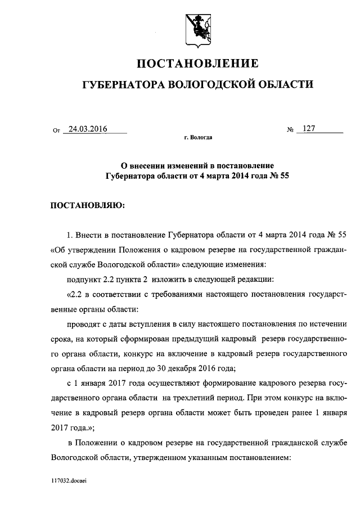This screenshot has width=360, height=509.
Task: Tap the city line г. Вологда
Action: point(198,137)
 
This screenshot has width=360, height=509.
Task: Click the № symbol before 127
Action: point(291,130)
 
